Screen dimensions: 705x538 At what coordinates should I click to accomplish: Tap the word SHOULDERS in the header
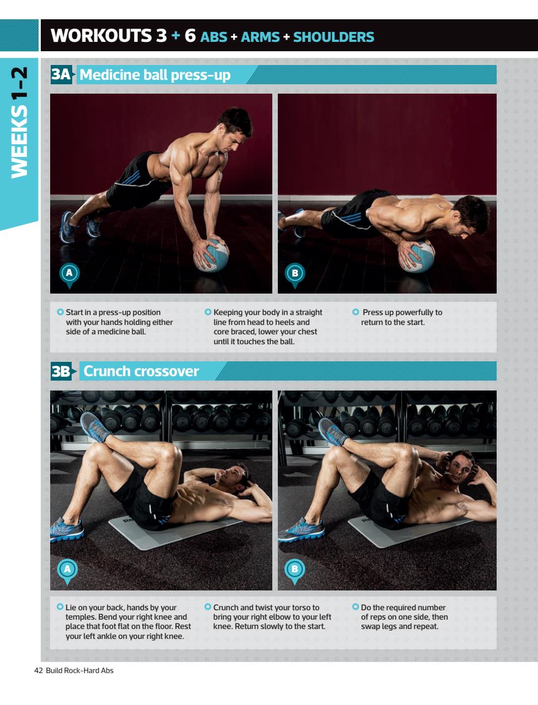(333, 37)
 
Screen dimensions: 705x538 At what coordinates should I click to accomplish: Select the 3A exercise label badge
(61, 74)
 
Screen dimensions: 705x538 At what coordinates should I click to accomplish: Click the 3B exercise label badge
(61, 371)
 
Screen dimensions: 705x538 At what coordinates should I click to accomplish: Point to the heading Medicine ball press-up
(155, 75)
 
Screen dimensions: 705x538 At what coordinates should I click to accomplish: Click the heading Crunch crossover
(141, 371)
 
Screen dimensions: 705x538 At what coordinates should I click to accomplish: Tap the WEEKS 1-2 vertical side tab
(19, 122)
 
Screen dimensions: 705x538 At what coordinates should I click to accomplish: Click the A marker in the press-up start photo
(69, 273)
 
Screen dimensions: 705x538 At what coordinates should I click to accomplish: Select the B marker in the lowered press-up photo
(295, 273)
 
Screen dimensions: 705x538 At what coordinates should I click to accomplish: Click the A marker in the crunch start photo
(67, 569)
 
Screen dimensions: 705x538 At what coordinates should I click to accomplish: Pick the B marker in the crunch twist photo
(294, 569)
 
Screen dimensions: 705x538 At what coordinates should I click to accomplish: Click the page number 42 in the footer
(38, 670)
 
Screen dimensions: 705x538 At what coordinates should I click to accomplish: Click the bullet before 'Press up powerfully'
(356, 312)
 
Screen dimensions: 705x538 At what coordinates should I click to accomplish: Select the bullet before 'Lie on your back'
(60, 607)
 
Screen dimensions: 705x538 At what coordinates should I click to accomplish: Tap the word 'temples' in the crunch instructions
(80, 617)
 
